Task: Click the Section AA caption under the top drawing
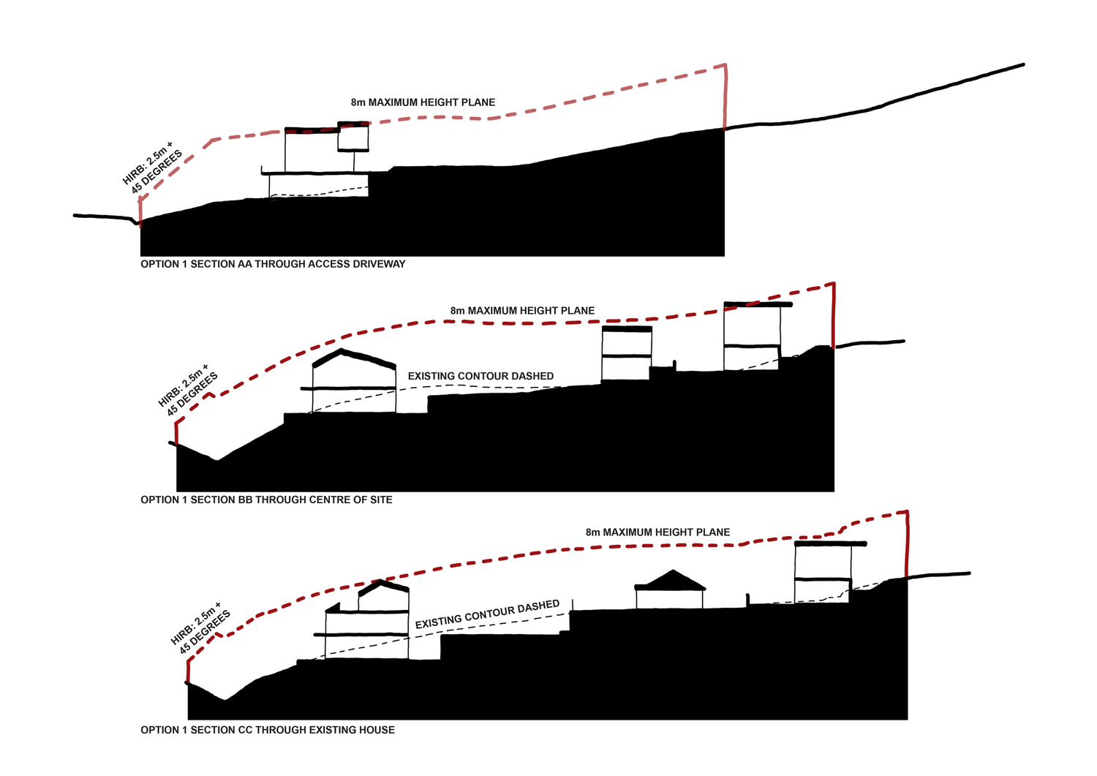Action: pos(273,264)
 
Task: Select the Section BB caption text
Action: pos(266,500)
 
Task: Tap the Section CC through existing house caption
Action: pos(268,730)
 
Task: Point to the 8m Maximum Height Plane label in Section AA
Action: pos(423,102)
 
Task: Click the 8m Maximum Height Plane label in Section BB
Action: pos(522,311)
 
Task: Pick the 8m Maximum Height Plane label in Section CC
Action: pos(657,532)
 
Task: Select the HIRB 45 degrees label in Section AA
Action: pos(152,167)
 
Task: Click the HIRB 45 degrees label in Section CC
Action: pos(201,628)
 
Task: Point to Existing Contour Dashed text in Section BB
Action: pos(480,376)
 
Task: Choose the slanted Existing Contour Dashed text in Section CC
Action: pos(487,614)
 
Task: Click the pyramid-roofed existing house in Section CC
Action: pos(670,589)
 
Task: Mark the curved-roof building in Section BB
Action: pos(354,381)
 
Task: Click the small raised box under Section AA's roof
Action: pos(353,137)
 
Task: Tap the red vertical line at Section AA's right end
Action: pos(725,97)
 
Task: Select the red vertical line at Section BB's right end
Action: pos(834,315)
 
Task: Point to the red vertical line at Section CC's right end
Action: pos(907,544)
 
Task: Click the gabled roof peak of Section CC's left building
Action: pos(380,581)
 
